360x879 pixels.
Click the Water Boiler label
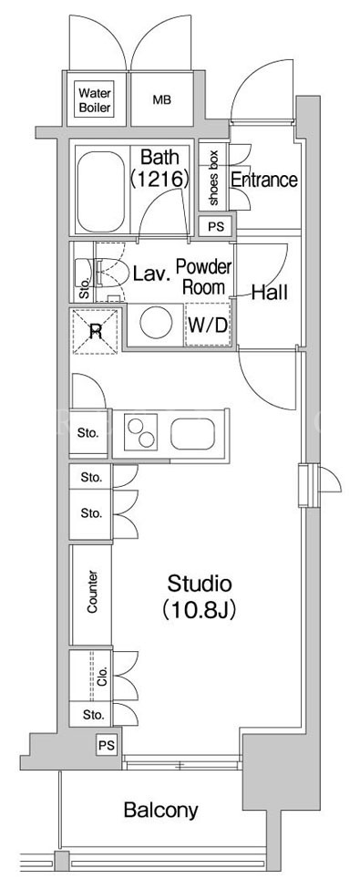pyautogui.click(x=94, y=99)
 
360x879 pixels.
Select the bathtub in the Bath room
pyautogui.click(x=99, y=189)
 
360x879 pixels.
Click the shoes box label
pyautogui.click(x=213, y=177)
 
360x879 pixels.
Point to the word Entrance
pyautogui.click(x=264, y=180)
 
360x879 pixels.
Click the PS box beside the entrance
pyautogui.click(x=215, y=227)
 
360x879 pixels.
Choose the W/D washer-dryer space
pyautogui.click(x=208, y=326)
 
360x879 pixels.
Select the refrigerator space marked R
pyautogui.click(x=95, y=331)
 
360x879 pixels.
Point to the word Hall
pyautogui.click(x=269, y=292)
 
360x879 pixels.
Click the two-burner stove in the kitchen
pyautogui.click(x=141, y=432)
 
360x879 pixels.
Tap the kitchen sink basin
pyautogui.click(x=193, y=433)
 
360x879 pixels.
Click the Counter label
pyautogui.click(x=93, y=592)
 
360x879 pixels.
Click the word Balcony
pyautogui.click(x=161, y=810)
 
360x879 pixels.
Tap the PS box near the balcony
pyautogui.click(x=107, y=746)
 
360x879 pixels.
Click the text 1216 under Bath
pyautogui.click(x=159, y=180)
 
